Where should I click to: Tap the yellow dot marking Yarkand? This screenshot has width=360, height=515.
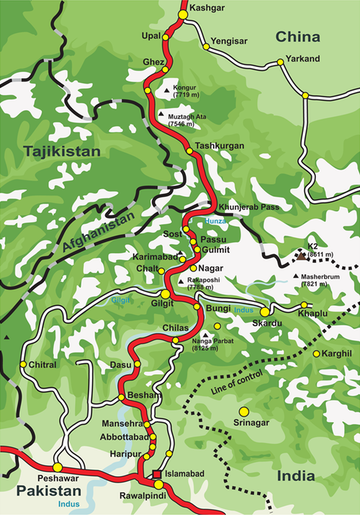tap(305, 95)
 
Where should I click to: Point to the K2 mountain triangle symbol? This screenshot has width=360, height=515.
tap(299, 255)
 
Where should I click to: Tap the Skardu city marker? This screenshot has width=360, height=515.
tap(265, 312)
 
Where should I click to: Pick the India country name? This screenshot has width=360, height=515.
tap(296, 476)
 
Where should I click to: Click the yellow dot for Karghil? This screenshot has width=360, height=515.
tap(315, 354)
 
